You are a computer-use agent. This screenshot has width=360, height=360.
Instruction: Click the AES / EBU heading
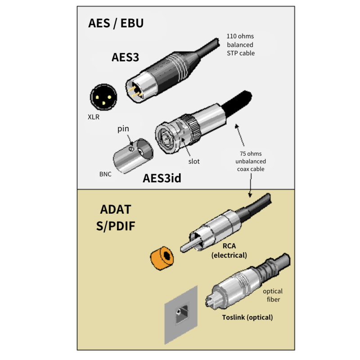[116, 23]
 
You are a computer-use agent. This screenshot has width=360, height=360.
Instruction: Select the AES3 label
[125, 57]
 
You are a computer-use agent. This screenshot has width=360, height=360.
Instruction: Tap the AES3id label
[162, 178]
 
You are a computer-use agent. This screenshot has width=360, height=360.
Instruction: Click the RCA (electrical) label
[229, 251]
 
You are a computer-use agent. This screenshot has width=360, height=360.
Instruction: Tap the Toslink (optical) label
[247, 317]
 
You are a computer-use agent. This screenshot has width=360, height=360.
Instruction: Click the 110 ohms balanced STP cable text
[240, 45]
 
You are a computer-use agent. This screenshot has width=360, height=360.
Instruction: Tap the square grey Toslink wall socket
[182, 313]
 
